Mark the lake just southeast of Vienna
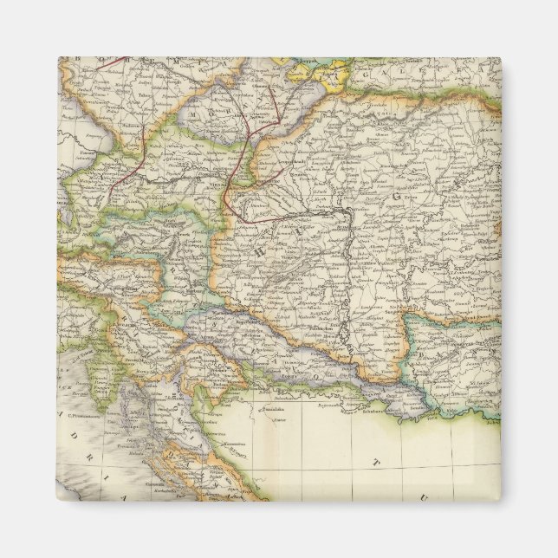[x=245, y=178]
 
